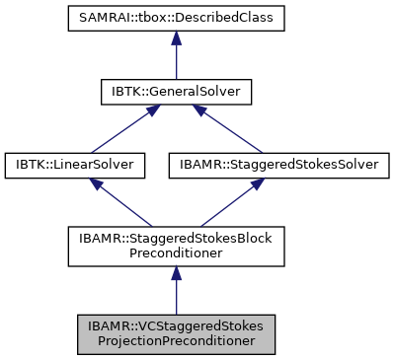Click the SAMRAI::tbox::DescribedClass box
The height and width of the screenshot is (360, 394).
(175, 20)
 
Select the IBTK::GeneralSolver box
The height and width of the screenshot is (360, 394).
(175, 93)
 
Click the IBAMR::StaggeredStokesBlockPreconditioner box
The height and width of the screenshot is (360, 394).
(175, 246)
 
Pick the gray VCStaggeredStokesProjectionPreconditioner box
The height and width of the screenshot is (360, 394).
(175, 334)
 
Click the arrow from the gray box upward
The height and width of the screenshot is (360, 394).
(175, 291)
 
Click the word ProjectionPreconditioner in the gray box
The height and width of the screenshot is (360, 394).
(175, 342)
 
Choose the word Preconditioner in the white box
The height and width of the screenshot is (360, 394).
(175, 253)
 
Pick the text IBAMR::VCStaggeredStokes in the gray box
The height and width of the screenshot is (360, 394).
(175, 326)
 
